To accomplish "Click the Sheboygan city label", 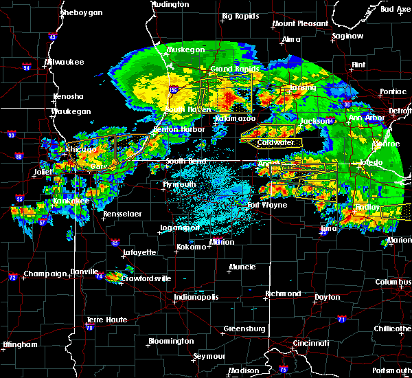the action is [x=81, y=13].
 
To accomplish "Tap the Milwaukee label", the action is [x=64, y=62].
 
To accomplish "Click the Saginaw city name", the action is [x=347, y=35].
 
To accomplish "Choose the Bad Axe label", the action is [x=395, y=9].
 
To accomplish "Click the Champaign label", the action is [x=44, y=274].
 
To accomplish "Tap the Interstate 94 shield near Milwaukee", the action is [x=27, y=67].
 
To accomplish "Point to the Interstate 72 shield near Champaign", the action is [x=12, y=277].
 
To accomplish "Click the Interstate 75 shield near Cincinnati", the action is [x=284, y=370].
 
